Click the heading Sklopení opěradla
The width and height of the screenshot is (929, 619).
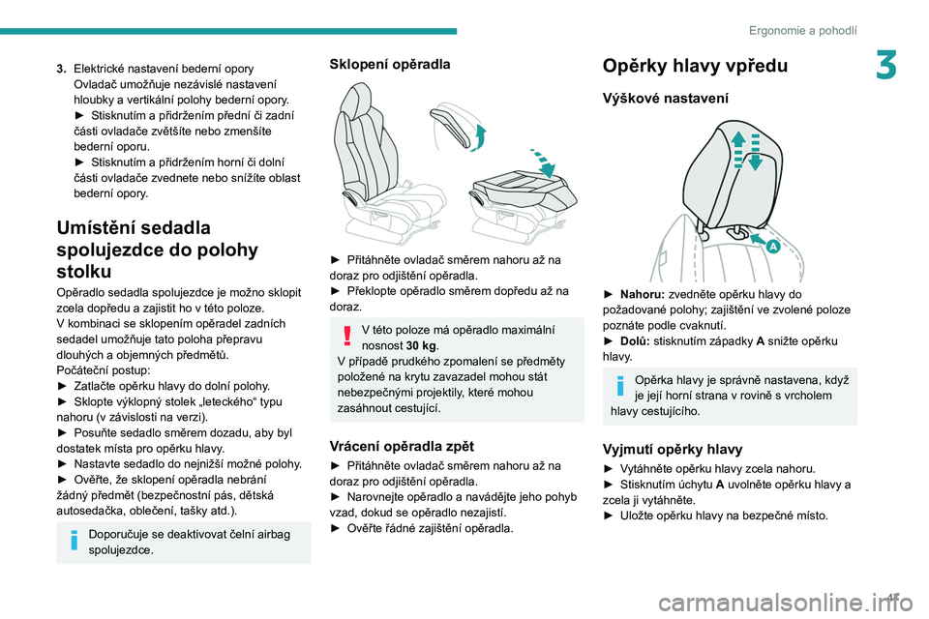389,64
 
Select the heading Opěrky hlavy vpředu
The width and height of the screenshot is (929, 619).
695,65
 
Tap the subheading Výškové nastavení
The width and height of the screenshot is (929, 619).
666,99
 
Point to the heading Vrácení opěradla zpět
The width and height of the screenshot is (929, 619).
402,446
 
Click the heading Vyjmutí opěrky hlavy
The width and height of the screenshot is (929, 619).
673,449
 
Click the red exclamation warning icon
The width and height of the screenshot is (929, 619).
347,336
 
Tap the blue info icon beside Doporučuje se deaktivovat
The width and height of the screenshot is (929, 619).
75,540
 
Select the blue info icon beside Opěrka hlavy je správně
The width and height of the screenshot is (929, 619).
620,386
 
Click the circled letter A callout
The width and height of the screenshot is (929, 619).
772,247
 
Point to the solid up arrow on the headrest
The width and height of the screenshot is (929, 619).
737,149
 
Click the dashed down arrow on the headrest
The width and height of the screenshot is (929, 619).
755,152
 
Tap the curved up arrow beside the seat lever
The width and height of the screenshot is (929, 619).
479,137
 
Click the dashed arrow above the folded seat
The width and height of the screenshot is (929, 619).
544,162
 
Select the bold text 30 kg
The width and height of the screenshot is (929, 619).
421,345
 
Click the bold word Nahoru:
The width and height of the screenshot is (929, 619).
643,294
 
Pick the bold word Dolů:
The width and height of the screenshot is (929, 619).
635,341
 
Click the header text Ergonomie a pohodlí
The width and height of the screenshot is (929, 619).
803,30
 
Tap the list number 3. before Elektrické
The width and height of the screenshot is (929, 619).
62,69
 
